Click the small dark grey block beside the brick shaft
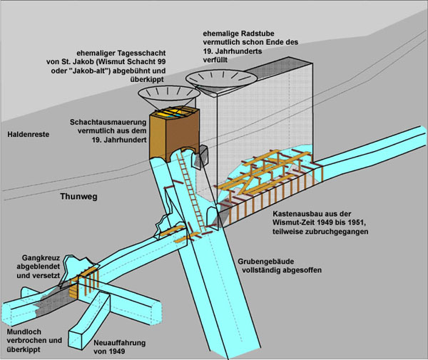[203, 153]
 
